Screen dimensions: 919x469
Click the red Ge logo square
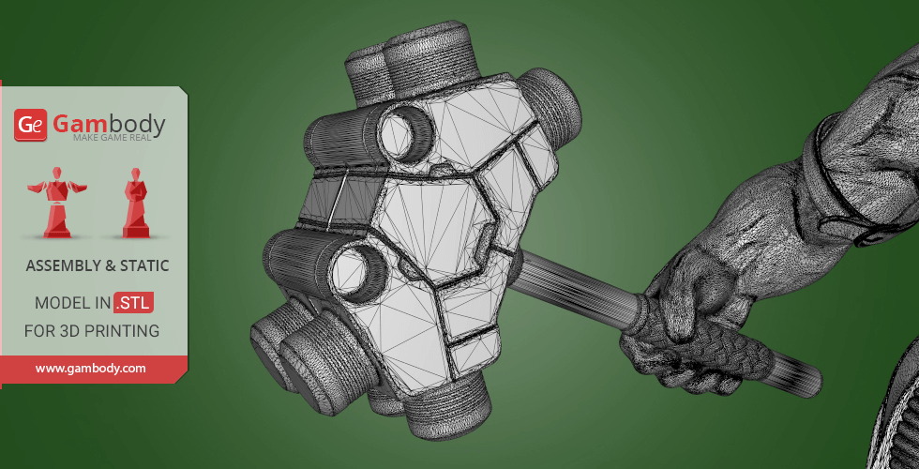pyautogui.click(x=30, y=125)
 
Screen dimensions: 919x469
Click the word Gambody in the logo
pyautogui.click(x=109, y=123)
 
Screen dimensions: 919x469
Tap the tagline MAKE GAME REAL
pyautogui.click(x=112, y=138)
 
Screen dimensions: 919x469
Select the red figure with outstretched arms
pyautogui.click(x=57, y=203)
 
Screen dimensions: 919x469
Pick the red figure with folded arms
pyautogui.click(x=135, y=203)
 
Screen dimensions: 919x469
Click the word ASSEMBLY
pyautogui.click(x=64, y=266)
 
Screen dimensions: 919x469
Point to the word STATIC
pyautogui.click(x=144, y=266)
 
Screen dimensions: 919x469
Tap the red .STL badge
pyautogui.click(x=133, y=302)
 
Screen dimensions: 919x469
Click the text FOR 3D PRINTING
pyautogui.click(x=92, y=331)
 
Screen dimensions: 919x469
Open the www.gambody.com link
pyautogui.click(x=90, y=369)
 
